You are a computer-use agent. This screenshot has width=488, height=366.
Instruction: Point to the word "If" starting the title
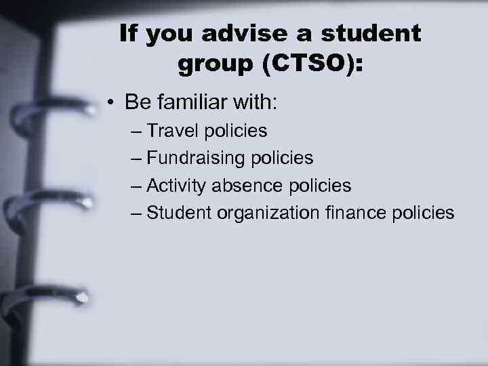click(x=129, y=34)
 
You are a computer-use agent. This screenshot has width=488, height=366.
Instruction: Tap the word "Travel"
click(x=170, y=130)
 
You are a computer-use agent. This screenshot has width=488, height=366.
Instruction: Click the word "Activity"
click(x=174, y=185)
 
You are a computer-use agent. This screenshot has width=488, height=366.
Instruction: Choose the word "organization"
click(x=268, y=213)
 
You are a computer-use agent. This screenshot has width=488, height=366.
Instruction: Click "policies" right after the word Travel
click(x=236, y=130)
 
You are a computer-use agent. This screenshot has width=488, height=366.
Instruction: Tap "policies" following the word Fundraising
click(x=282, y=158)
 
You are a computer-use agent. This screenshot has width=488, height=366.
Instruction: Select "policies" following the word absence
click(x=320, y=185)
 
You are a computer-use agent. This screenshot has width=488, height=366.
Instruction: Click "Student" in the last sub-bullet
click(x=179, y=213)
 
